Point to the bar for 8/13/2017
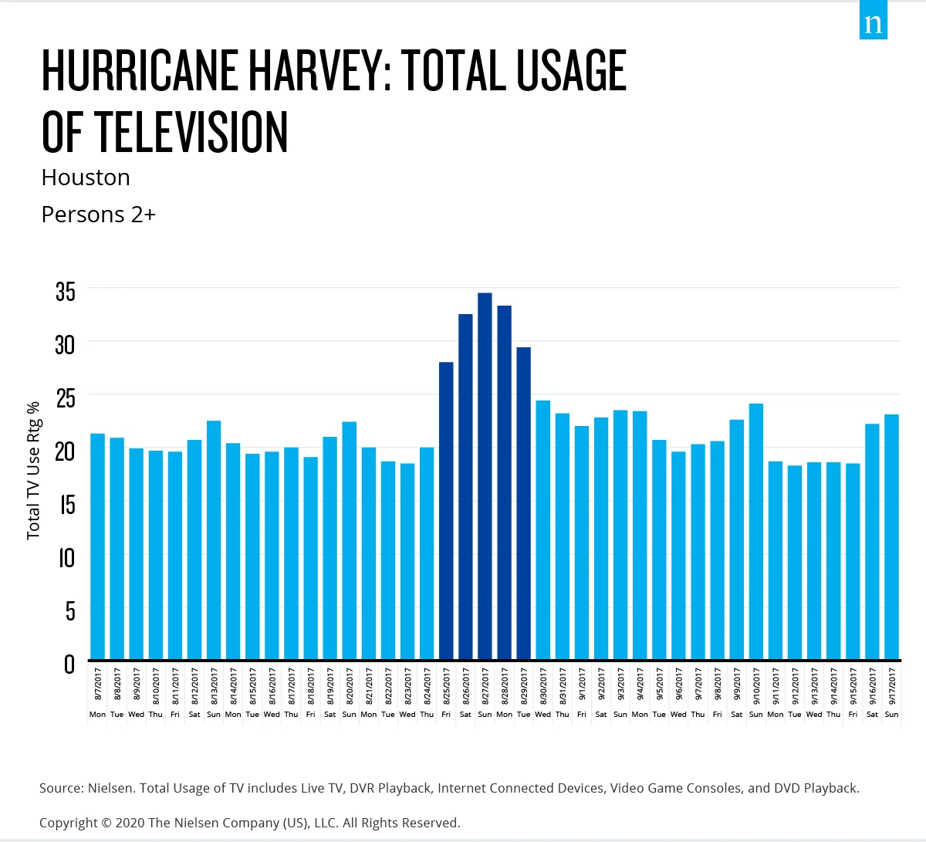(x=214, y=539)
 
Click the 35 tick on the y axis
(x=66, y=291)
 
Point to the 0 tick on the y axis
(x=69, y=664)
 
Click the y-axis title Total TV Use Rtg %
(x=33, y=471)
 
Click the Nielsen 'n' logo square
(x=873, y=20)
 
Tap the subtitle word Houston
(x=86, y=178)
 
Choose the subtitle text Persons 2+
(x=99, y=215)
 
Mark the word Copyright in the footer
(x=68, y=823)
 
